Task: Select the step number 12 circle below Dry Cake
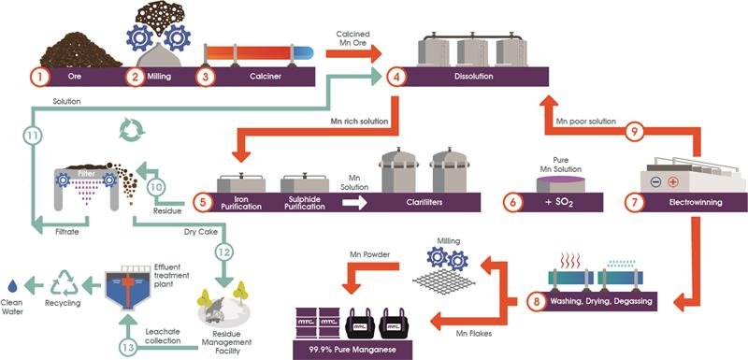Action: click(x=223, y=252)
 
